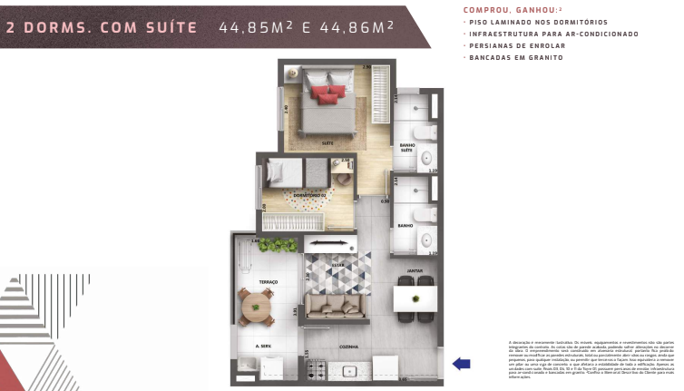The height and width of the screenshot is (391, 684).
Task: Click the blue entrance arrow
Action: click(x=461, y=364)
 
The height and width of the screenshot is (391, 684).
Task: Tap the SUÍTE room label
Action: click(x=327, y=142)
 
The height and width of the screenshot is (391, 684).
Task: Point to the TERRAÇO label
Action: click(x=268, y=282)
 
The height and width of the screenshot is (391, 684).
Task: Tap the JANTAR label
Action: click(x=415, y=270)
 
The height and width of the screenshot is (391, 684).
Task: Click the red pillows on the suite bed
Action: click(x=327, y=92)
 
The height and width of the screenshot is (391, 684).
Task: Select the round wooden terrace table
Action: click(x=259, y=307)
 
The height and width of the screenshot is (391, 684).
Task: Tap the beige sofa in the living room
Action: click(x=337, y=305)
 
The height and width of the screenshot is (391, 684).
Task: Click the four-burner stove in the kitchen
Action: click(x=318, y=368)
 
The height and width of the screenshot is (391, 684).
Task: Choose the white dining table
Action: click(x=416, y=298)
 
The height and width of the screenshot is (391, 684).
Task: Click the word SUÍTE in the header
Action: click(x=171, y=27)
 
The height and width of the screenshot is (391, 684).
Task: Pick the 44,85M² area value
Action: click(x=255, y=27)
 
